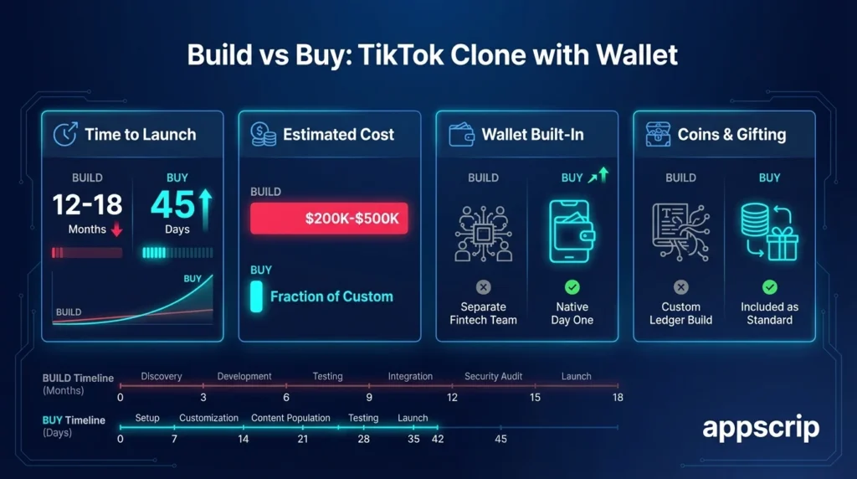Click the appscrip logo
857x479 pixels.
[x=761, y=428]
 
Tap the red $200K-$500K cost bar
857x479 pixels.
[x=329, y=218]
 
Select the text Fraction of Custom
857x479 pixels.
[x=331, y=296]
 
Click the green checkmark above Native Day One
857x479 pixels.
[x=572, y=287]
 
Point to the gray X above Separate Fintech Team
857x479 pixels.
[x=483, y=287]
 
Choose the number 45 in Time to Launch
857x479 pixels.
[x=172, y=205]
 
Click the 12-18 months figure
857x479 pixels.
[x=87, y=204]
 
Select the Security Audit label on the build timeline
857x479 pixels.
[x=493, y=377]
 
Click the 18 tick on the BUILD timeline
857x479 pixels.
[x=618, y=397]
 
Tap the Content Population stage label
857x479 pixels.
[x=290, y=418]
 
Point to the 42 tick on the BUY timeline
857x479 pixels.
[x=438, y=439]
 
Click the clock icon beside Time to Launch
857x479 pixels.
[x=65, y=134]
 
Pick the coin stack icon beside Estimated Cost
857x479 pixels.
[x=264, y=134]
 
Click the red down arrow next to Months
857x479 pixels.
[x=116, y=229]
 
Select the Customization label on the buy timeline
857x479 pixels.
[x=208, y=418]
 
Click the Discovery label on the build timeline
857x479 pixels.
[x=162, y=377]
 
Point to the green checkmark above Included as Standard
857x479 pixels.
[x=769, y=287]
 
